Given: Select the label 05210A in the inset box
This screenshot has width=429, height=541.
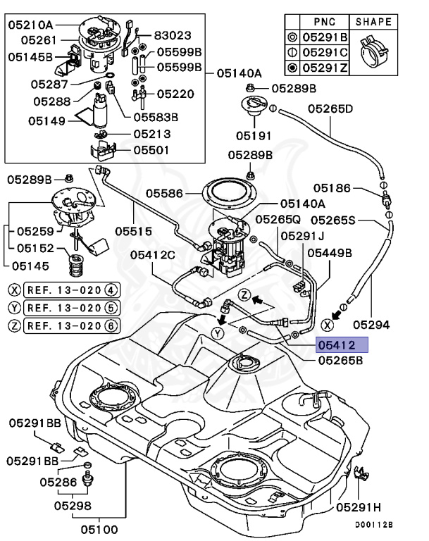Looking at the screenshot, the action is click(x=31, y=25).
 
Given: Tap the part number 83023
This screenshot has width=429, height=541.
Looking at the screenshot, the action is click(x=173, y=35).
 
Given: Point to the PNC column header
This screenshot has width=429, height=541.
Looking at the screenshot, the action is click(x=325, y=22).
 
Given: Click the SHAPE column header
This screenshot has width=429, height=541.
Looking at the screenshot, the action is click(x=373, y=22).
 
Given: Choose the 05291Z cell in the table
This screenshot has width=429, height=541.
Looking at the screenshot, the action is click(x=325, y=68).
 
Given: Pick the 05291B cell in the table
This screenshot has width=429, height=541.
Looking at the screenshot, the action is click(x=325, y=37).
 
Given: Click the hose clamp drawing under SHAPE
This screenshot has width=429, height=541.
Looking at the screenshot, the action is click(x=374, y=51).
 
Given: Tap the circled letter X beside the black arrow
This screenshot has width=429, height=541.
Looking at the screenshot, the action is click(x=327, y=325).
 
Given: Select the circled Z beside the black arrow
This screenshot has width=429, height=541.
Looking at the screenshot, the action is click(x=244, y=295).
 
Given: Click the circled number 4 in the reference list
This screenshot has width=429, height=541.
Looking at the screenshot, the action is click(x=111, y=290).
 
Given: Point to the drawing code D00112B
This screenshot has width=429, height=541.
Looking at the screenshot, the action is click(x=374, y=524).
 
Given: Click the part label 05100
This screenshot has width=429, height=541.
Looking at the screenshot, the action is click(x=99, y=529).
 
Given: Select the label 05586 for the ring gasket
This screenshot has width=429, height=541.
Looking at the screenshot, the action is click(x=164, y=194).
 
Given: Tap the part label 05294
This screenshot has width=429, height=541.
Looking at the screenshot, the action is click(x=371, y=325).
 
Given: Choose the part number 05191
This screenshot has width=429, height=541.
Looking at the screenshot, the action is click(x=254, y=135).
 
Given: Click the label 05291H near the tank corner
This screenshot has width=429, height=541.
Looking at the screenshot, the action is click(x=359, y=507).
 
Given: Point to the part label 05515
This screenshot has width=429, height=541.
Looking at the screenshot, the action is click(x=134, y=231).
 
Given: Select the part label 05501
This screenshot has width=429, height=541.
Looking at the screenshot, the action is click(x=151, y=150).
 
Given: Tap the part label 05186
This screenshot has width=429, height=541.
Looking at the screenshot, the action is click(x=332, y=188).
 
